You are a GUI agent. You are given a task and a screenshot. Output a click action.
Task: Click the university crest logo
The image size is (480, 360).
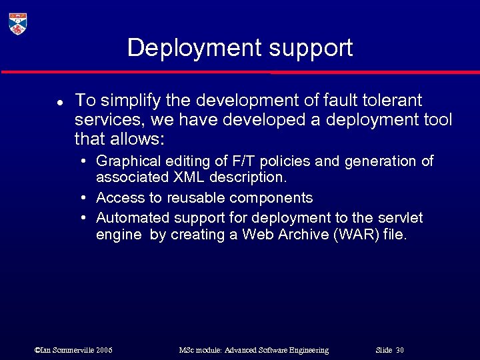18,23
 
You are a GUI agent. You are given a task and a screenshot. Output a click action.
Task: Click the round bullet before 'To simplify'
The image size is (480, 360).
59,103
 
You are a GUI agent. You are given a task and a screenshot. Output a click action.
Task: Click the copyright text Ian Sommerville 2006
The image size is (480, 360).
73,350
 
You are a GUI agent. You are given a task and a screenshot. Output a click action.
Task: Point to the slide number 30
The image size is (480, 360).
399,350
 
